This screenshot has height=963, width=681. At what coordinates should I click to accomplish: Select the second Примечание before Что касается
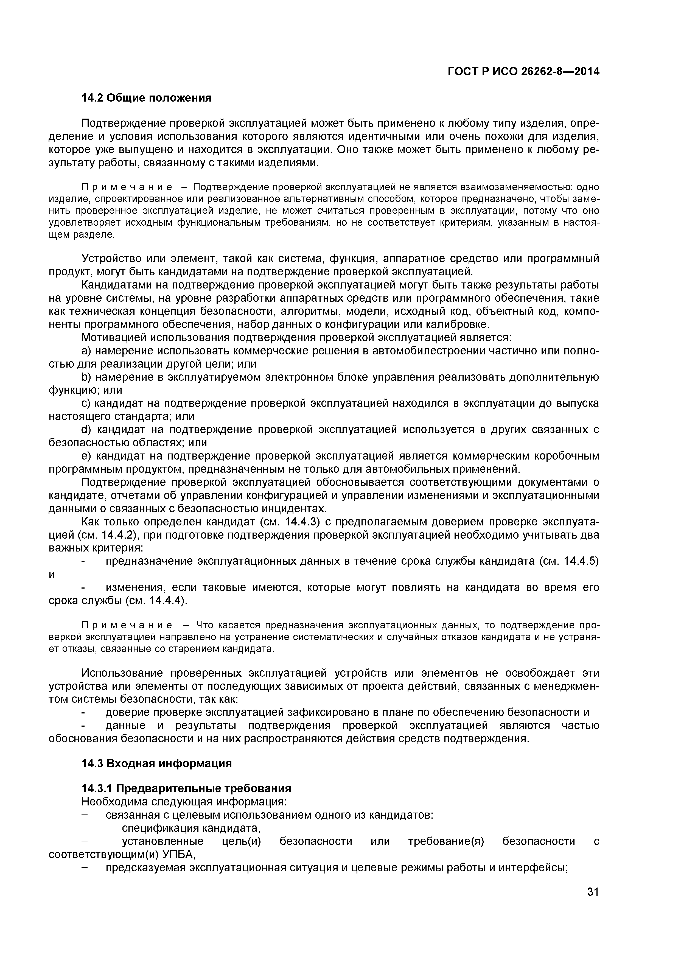coord(127,625)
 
